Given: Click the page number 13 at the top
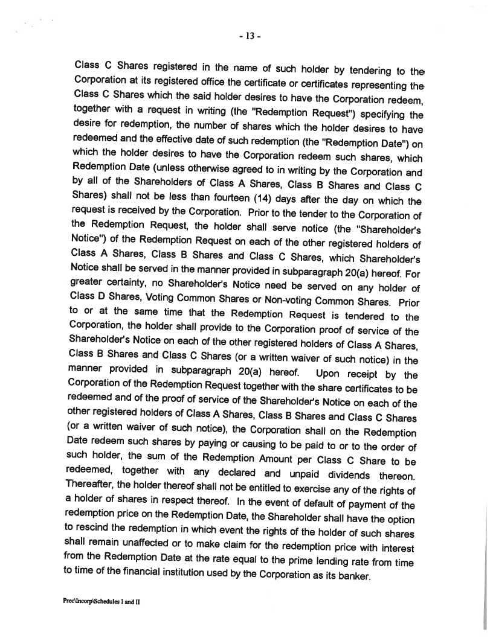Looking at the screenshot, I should (248, 36).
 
